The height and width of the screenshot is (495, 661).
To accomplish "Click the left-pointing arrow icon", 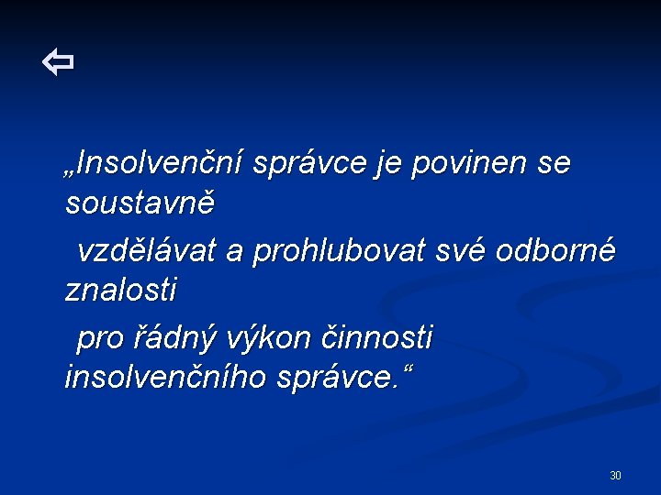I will coord(58,63).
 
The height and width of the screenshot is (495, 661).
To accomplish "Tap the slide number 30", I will coord(615,475).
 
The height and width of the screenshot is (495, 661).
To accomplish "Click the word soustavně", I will coord(140,203).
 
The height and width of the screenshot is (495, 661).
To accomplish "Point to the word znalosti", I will coord(121,291).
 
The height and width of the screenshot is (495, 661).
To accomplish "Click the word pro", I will coord(99,338).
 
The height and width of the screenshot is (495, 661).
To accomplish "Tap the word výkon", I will coord(262,338).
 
